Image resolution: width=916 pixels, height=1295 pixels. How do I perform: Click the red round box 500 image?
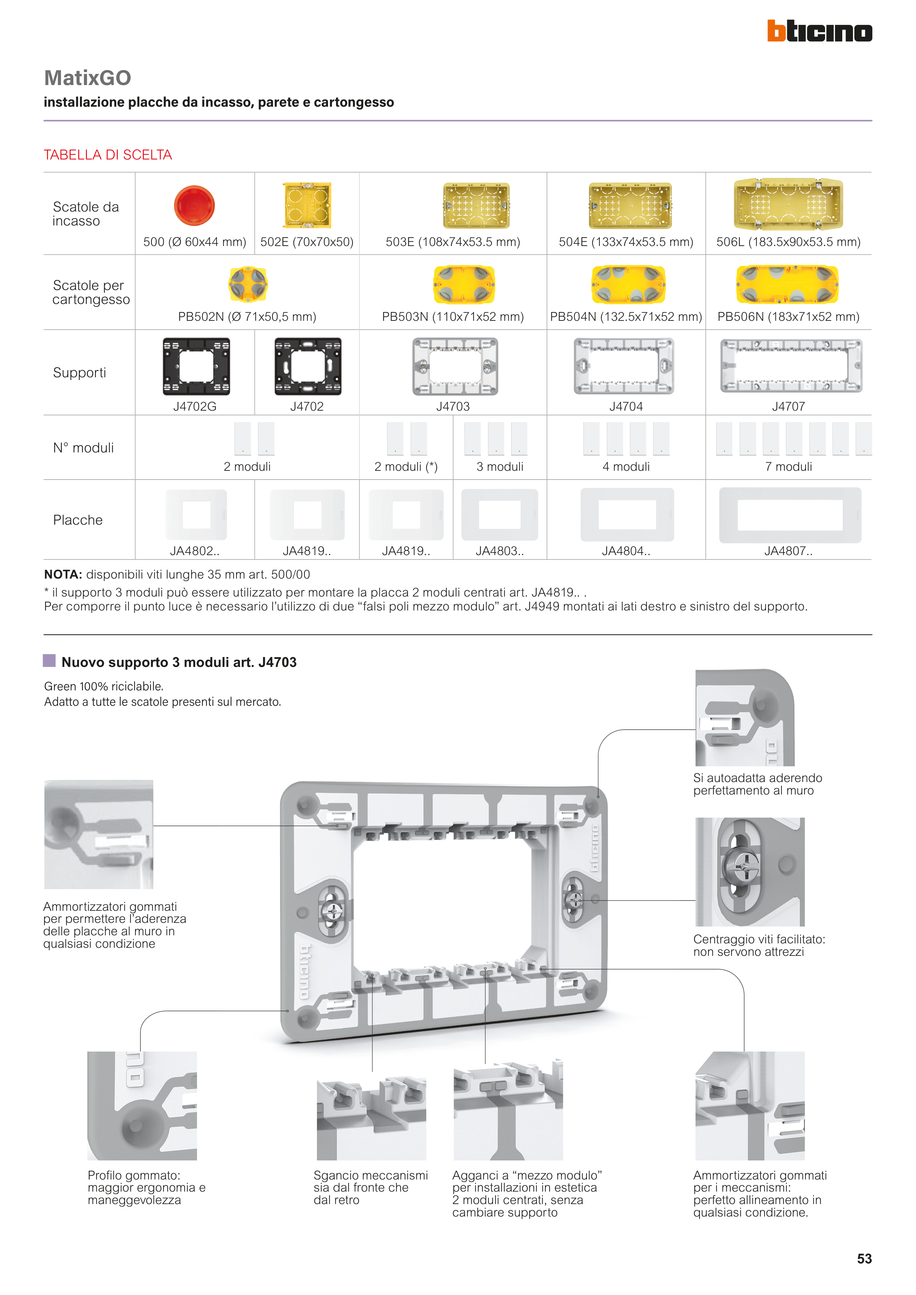(194, 205)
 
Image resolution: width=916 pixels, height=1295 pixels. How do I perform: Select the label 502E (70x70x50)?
(306, 242)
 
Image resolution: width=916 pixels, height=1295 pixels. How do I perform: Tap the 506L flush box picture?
(788, 204)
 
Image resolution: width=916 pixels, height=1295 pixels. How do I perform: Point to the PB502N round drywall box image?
(248, 284)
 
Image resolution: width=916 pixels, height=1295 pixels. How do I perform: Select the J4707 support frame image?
(791, 366)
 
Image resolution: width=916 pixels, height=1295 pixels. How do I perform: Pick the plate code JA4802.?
(194, 551)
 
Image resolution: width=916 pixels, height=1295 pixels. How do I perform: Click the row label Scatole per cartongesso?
(90, 292)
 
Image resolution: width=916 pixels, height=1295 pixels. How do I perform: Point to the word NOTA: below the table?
(63, 575)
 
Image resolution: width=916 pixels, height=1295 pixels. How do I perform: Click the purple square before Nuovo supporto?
(50, 660)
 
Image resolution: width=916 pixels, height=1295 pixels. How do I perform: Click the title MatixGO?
(87, 78)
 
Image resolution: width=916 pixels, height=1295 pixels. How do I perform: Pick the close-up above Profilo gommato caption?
(142, 1105)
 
